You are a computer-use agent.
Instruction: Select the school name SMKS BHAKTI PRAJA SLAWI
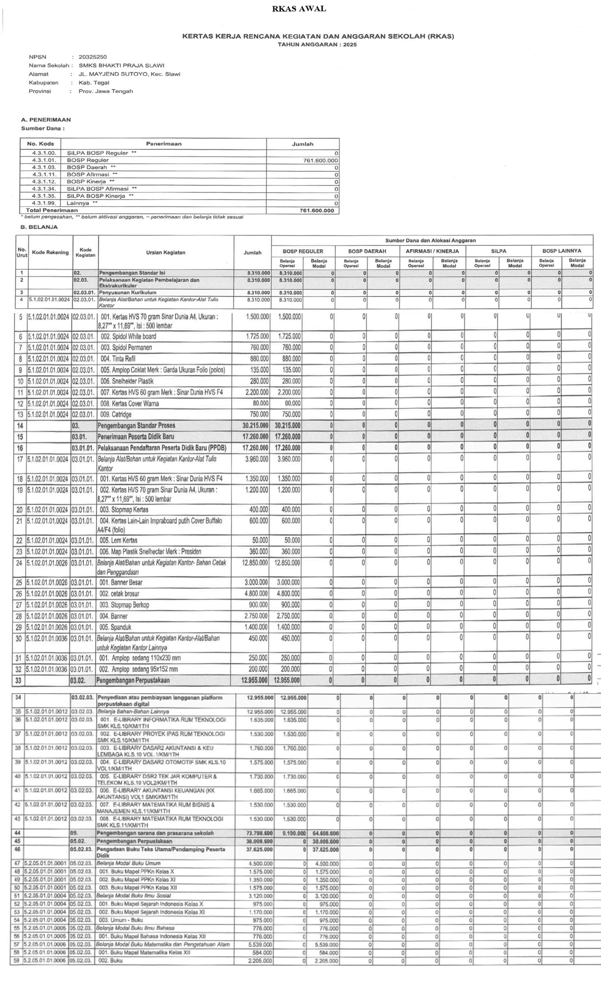(121, 66)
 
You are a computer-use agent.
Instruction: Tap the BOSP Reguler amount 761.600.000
(320, 160)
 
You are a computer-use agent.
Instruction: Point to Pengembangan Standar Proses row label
(136, 425)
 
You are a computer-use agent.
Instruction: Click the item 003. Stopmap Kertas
(124, 509)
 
